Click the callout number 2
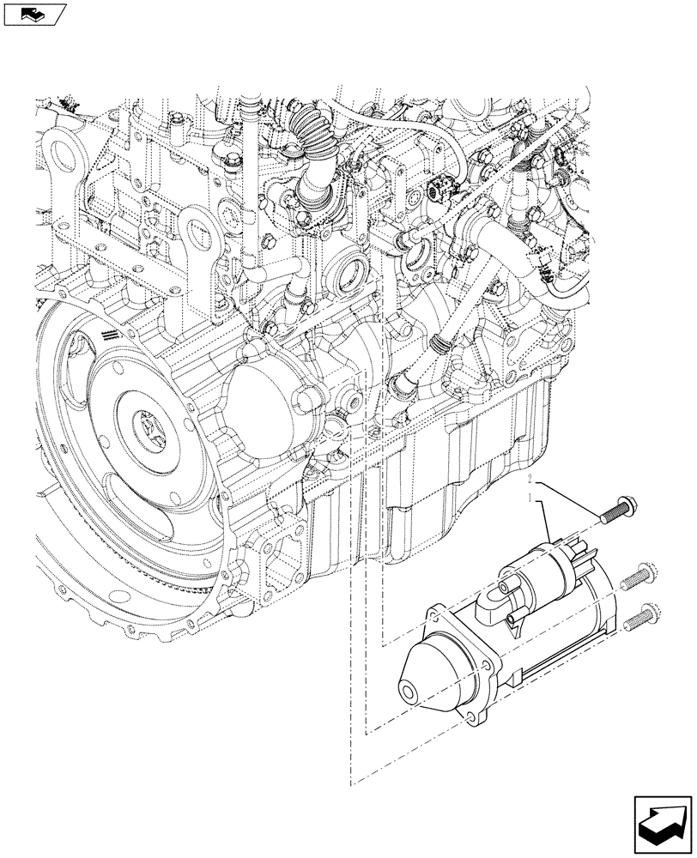532,477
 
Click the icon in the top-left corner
34,14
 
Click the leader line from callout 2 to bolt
567,498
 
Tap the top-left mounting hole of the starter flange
435,611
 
